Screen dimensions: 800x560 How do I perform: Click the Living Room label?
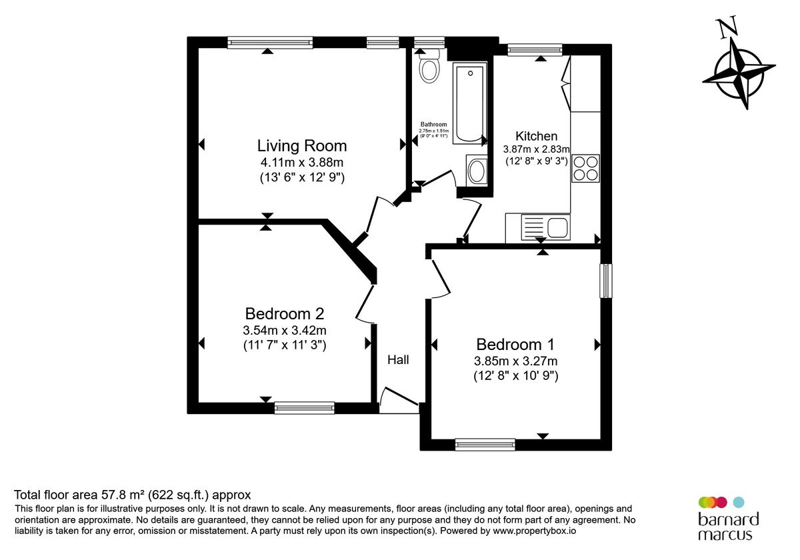[302, 146]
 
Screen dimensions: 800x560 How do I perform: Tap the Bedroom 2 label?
[284, 314]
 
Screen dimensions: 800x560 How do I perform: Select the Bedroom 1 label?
[515, 345]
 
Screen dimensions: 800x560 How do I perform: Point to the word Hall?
[398, 359]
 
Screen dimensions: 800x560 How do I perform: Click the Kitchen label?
[536, 136]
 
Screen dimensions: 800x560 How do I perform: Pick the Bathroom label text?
[433, 124]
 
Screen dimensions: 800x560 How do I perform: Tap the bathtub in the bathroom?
[469, 103]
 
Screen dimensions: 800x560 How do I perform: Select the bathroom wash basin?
[477, 171]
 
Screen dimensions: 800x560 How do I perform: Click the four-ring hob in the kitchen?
[585, 169]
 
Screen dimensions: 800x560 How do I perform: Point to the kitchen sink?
[545, 227]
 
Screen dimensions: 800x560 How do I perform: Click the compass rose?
[738, 73]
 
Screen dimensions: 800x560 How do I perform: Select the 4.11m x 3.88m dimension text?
[302, 163]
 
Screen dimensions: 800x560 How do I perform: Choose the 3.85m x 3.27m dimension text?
[515, 361]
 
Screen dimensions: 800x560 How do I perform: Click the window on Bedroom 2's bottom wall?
[304, 408]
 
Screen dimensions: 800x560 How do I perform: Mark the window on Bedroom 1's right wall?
[606, 281]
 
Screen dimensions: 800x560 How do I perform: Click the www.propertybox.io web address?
[534, 531]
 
